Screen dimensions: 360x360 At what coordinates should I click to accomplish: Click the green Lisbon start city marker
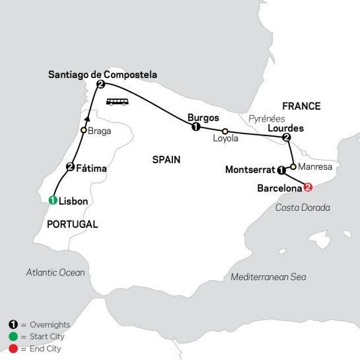tap(54, 200)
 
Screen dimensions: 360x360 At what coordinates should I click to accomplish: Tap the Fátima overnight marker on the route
tap(69, 167)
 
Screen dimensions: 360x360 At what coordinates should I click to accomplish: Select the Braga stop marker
tap(84, 130)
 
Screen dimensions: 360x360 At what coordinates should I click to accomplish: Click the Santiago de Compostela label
tap(102, 75)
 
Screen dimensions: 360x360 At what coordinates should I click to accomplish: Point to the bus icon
tap(117, 102)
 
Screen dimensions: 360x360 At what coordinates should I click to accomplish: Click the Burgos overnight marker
tap(195, 127)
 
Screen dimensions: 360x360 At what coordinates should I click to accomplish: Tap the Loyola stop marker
tap(225, 131)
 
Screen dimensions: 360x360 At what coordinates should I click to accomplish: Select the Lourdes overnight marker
tap(286, 137)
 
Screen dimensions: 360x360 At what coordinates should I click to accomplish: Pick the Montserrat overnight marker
tap(281, 170)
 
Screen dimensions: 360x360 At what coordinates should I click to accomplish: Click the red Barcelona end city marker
tap(306, 188)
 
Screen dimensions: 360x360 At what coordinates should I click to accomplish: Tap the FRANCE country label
tap(301, 106)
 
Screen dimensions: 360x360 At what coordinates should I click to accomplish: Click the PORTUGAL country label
tap(72, 225)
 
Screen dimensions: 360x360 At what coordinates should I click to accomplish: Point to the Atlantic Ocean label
tap(56, 272)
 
